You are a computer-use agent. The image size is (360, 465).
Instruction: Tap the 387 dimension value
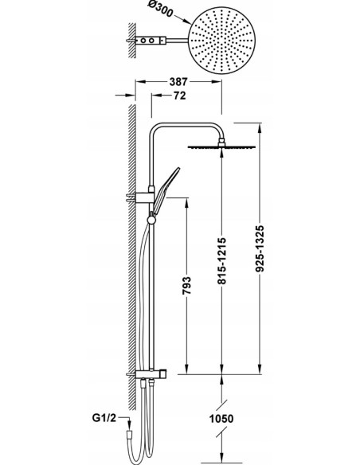178,81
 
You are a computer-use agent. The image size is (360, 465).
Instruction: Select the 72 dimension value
179,96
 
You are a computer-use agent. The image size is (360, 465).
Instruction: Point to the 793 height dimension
186,286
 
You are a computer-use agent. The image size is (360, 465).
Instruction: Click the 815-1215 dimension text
221,260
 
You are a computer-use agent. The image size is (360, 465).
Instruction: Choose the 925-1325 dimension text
260,248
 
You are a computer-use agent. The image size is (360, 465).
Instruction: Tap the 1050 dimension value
221,419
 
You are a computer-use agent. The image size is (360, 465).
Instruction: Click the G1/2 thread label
104,418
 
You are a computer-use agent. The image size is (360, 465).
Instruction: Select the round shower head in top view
221,41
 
